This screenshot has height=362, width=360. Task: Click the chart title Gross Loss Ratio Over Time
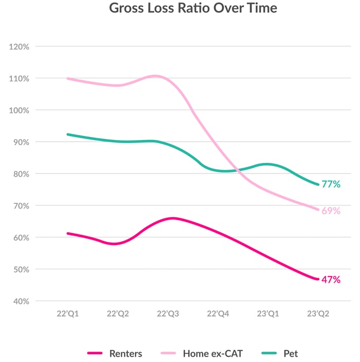193,9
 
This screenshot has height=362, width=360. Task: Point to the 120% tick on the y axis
20,46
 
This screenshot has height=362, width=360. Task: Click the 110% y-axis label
20,78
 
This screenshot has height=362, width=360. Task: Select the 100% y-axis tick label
20,110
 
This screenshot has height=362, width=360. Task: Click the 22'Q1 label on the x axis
67,314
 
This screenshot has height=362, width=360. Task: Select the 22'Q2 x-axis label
118,314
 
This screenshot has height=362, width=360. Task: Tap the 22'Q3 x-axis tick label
168,314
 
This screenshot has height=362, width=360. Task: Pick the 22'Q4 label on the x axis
218,314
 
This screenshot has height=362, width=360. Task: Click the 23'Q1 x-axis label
268,314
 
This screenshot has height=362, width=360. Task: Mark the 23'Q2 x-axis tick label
318,314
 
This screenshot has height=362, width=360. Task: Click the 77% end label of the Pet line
331,184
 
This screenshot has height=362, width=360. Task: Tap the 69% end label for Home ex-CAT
331,210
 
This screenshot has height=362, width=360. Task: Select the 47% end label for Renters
331,280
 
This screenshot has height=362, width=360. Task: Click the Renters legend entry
115,353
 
